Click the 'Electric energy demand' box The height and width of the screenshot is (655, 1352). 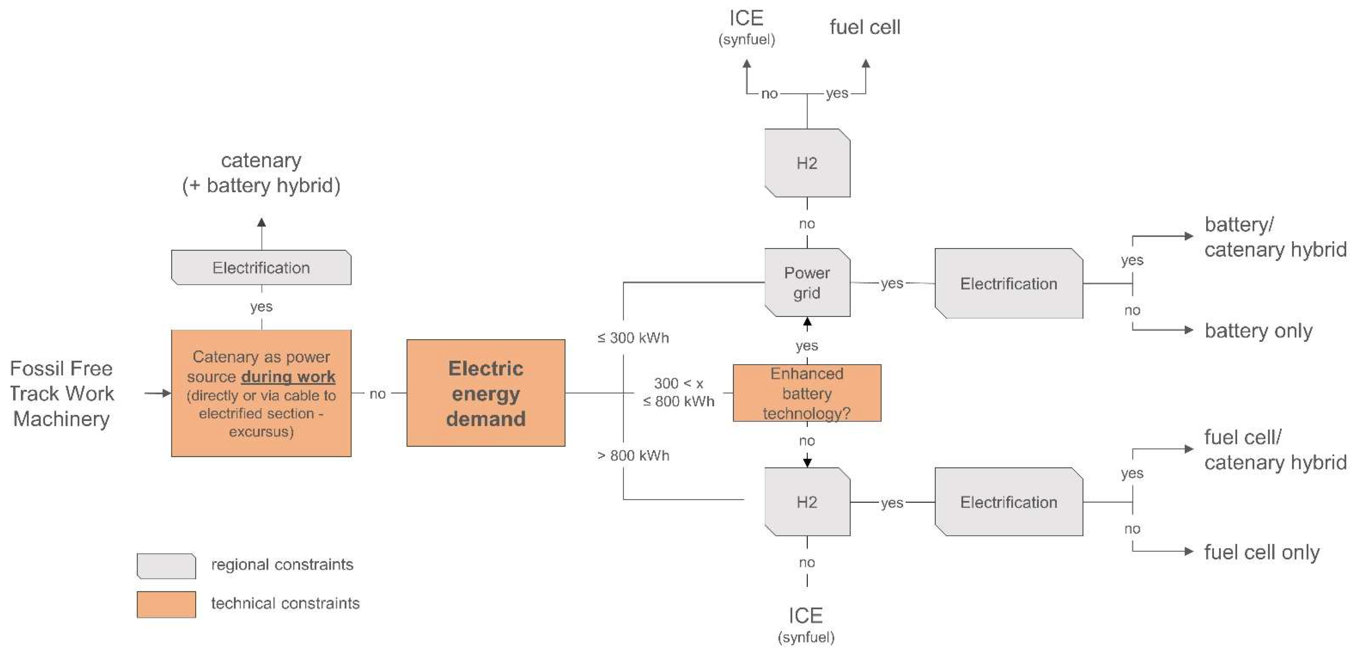tap(486, 393)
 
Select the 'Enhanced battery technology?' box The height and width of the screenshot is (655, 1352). tap(807, 393)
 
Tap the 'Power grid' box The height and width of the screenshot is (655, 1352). tap(807, 283)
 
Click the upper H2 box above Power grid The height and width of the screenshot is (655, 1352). tap(807, 163)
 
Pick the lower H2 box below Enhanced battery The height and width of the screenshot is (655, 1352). tap(807, 502)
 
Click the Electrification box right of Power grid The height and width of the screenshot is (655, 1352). tap(1008, 284)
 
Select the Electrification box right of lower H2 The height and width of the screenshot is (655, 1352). tap(1008, 502)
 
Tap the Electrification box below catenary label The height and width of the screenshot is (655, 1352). tap(261, 267)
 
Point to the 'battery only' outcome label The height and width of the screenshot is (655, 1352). tap(1258, 330)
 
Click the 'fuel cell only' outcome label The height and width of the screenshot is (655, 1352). tap(1261, 552)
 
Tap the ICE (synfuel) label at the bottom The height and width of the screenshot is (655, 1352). tap(806, 624)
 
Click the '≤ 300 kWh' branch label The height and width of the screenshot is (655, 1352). tap(633, 338)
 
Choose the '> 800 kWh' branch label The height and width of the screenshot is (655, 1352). tap(633, 455)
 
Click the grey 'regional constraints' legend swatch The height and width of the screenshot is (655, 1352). tap(166, 566)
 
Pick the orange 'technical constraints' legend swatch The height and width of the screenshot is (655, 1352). tap(166, 604)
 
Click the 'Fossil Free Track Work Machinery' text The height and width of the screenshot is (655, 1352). tap(61, 394)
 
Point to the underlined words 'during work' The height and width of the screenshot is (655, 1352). tap(288, 376)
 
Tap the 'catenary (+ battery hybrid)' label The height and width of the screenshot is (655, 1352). tap(261, 173)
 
